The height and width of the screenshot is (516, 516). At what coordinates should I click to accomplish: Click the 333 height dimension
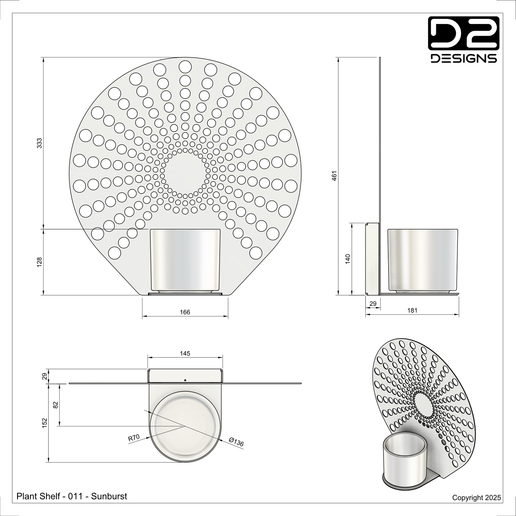[x=40, y=143]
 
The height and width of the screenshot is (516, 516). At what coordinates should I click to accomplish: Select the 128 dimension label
[x=40, y=262]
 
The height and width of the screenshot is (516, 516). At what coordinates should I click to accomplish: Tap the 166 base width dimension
[x=185, y=312]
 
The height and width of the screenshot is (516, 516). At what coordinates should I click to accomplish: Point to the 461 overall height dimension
[x=334, y=176]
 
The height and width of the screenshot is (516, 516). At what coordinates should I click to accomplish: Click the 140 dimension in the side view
[x=348, y=259]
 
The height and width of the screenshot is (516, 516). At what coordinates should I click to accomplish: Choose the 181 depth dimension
[x=412, y=311]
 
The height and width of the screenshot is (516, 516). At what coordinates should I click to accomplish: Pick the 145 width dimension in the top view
[x=185, y=354]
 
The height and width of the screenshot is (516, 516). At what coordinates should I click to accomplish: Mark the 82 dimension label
[x=55, y=405]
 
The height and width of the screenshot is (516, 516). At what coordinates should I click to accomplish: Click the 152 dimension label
[x=45, y=423]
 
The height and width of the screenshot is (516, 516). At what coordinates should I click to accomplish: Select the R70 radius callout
[x=134, y=438]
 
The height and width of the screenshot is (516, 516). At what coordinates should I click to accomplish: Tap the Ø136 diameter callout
[x=236, y=442]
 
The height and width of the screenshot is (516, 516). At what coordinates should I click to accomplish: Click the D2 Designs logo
[x=464, y=40]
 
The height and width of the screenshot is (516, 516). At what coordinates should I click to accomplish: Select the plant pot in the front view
[x=185, y=260]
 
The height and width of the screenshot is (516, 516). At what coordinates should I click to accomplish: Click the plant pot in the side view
[x=422, y=260]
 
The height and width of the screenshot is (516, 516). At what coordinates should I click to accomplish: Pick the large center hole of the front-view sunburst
[x=185, y=172]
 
